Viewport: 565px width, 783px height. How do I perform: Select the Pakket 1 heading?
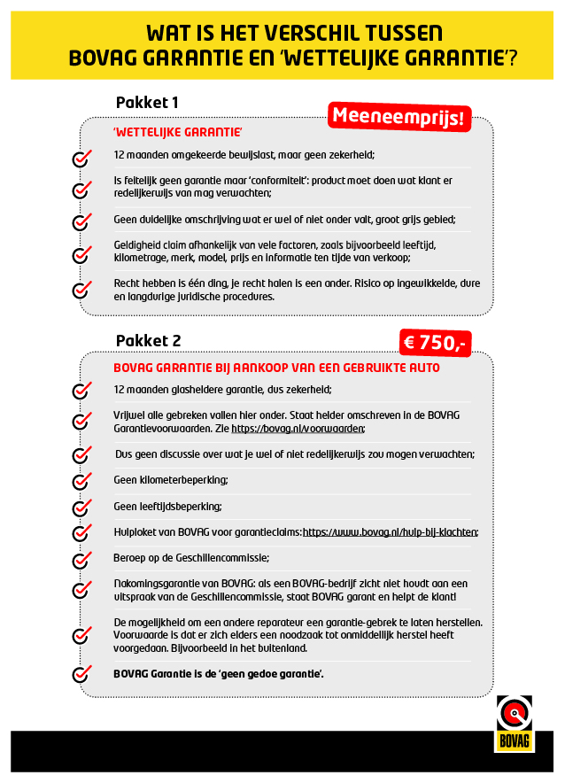147,103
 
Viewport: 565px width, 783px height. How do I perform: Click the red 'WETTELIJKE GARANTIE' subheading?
178,132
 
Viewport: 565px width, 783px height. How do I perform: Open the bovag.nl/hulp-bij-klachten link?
391,532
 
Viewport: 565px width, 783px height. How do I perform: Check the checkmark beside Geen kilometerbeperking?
81,482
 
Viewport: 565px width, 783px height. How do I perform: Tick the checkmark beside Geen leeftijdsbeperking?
81,508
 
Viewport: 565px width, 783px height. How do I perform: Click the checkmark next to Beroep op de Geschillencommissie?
81,560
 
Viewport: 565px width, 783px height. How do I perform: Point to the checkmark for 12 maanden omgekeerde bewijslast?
81,159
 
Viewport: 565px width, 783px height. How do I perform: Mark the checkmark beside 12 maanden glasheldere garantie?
81,391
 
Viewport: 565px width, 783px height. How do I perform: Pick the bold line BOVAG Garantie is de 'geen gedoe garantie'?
219,674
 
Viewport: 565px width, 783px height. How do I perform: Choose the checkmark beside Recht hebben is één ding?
81,290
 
